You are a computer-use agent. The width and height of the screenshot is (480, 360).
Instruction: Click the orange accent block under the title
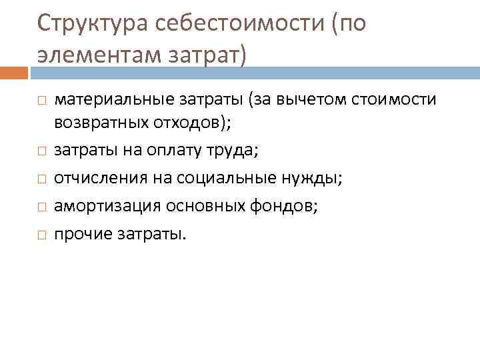click(x=14, y=73)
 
